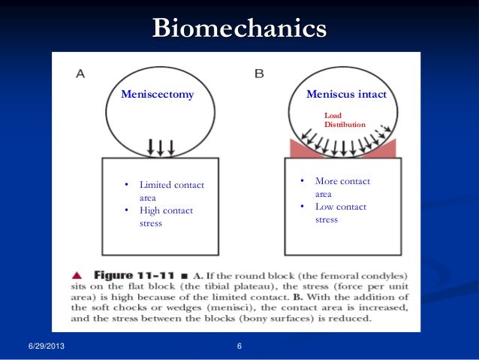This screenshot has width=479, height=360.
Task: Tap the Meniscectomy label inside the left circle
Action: tap(158, 95)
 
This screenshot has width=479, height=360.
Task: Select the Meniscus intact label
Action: tap(346, 95)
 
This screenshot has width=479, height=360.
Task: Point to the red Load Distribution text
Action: tap(344, 120)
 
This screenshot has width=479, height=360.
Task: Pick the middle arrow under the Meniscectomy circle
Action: tap(161, 147)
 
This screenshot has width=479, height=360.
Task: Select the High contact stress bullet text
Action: tap(166, 216)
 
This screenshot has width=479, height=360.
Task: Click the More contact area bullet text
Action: tap(342, 187)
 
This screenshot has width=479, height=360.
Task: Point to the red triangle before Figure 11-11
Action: tap(77, 275)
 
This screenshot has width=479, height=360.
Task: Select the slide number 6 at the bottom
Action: tap(239, 345)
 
